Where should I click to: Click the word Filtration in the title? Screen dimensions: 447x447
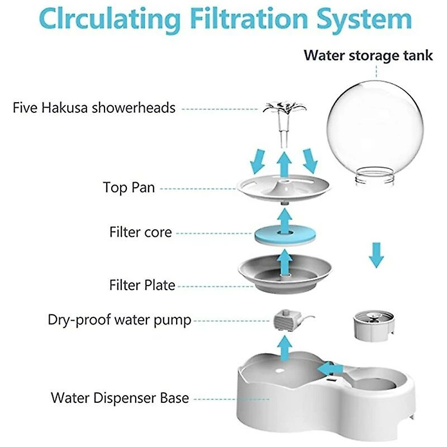click(249, 19)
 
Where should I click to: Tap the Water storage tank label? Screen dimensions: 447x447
click(368, 55)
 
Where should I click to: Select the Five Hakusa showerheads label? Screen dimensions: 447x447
click(94, 108)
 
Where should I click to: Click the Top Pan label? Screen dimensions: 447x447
click(129, 187)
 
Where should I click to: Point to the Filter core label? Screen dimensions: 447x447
click(141, 232)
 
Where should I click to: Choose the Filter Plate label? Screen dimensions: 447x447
click(142, 285)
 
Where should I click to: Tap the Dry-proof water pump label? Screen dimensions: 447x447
click(120, 320)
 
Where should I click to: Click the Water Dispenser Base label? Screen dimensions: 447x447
click(120, 398)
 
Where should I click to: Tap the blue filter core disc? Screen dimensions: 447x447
click(285, 235)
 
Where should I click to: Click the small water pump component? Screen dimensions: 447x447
click(288, 320)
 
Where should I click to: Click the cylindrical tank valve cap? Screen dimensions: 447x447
click(374, 326)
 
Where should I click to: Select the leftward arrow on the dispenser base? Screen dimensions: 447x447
click(330, 369)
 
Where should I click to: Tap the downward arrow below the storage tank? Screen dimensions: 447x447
click(376, 255)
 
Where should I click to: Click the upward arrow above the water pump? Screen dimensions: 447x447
click(284, 348)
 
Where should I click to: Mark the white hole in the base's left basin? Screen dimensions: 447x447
click(280, 371)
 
